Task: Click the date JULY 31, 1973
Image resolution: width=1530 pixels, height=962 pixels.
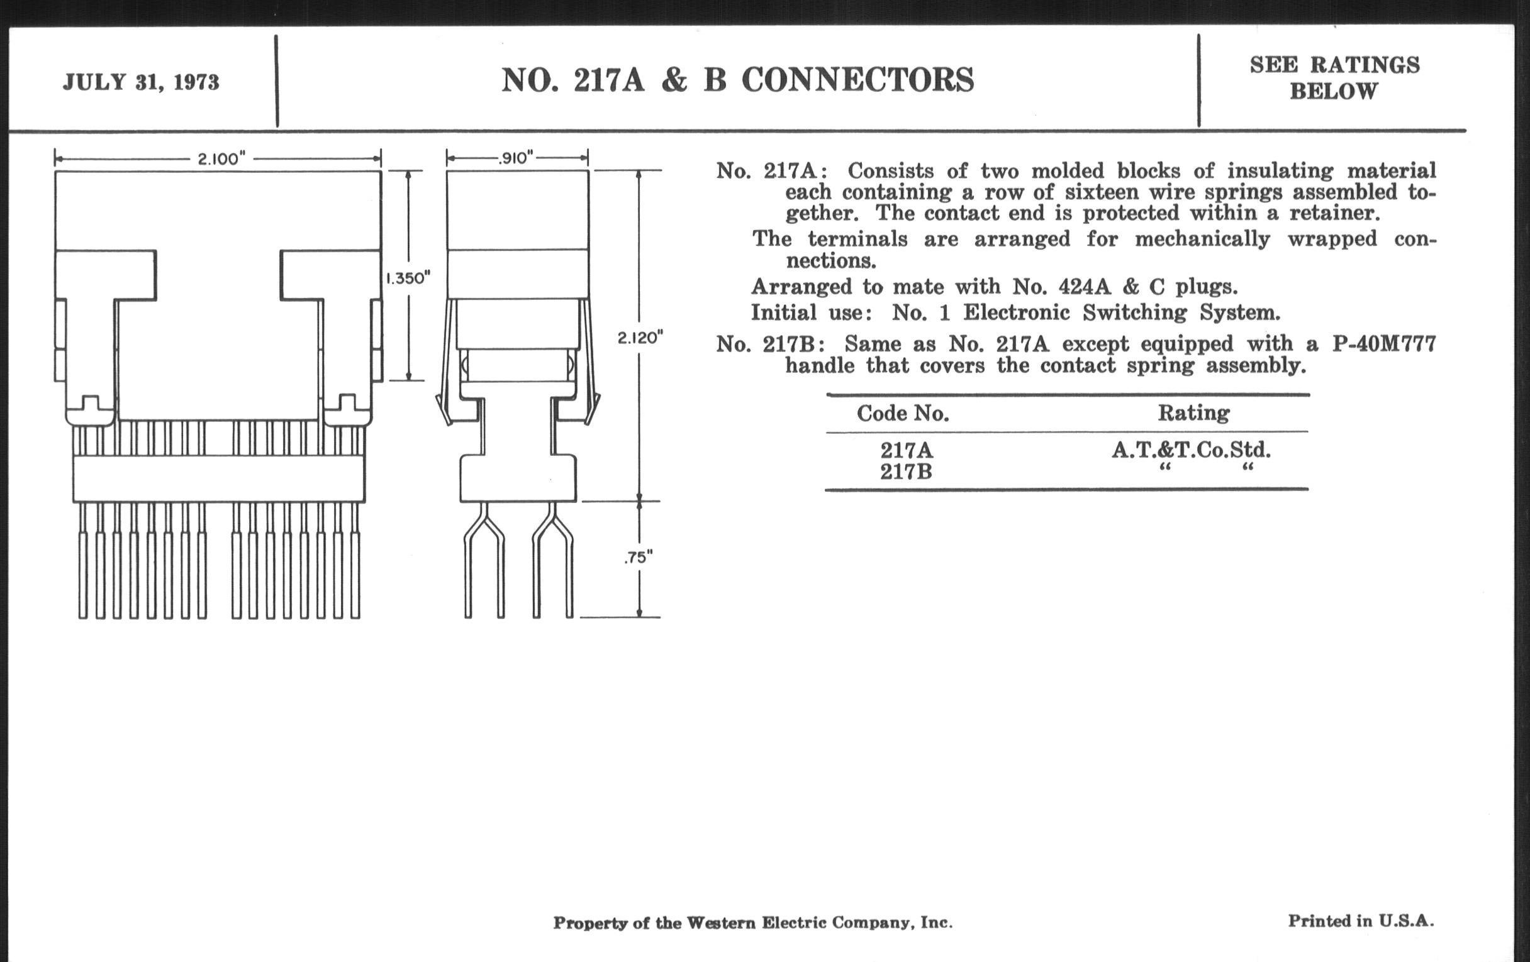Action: [140, 82]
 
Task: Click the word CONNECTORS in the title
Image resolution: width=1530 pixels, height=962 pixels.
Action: [857, 80]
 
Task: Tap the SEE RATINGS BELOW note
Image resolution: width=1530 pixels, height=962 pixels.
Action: [1334, 78]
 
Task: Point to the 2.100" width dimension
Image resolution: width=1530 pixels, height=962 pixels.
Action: [221, 158]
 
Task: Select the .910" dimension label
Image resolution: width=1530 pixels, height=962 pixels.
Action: [516, 157]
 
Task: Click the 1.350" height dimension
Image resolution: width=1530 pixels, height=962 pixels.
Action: [408, 277]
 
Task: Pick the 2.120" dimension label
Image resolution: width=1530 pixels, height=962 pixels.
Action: [640, 338]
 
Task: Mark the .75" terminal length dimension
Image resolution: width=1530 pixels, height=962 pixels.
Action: [638, 558]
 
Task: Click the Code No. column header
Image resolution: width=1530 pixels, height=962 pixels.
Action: [902, 414]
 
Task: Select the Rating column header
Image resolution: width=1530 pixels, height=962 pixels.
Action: [1193, 413]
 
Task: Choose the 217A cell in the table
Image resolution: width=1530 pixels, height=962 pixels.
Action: [906, 450]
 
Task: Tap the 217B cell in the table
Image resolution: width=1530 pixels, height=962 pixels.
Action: [906, 472]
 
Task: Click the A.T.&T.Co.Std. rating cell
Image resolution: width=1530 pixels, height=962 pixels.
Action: [1191, 450]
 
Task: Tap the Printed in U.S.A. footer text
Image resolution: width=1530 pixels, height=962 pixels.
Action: [1361, 921]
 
